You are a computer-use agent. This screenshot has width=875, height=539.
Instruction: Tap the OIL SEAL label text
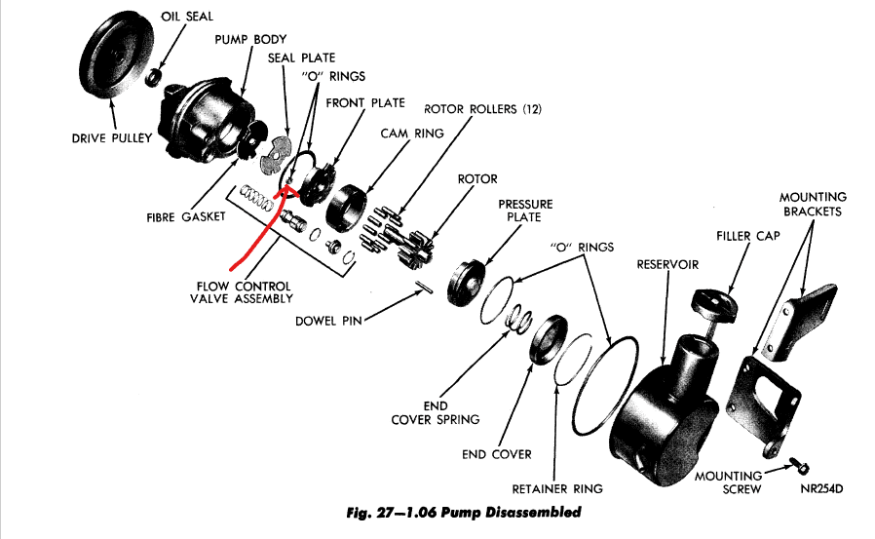tap(188, 16)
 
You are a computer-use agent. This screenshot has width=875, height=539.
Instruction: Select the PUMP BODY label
tap(251, 39)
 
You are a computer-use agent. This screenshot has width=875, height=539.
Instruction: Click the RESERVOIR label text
tap(667, 264)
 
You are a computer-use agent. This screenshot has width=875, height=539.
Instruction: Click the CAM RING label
tap(411, 133)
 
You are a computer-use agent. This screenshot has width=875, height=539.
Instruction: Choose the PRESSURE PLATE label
tap(525, 211)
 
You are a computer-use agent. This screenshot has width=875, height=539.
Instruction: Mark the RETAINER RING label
tap(557, 488)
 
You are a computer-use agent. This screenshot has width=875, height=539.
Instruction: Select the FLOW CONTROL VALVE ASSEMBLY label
tap(242, 292)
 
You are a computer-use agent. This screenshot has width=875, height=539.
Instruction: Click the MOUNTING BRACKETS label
tap(813, 204)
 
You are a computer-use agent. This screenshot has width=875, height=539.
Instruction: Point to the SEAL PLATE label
tap(301, 58)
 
